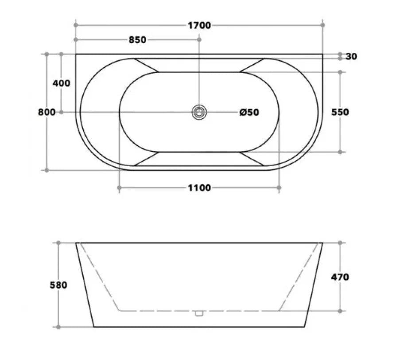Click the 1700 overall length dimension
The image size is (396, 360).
pos(199,25)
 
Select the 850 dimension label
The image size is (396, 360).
pos(137,40)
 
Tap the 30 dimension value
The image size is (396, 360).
pos(351,56)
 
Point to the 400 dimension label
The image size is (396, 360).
pos(61,83)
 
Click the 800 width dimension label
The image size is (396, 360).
pos(47,112)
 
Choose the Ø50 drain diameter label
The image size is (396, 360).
pos(249,112)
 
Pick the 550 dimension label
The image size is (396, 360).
pos(340,112)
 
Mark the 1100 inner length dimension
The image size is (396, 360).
pos(199,188)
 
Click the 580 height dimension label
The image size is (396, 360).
pos(58,285)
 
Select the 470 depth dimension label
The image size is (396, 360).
pos(340,277)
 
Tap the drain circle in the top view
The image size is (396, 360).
pos(199,112)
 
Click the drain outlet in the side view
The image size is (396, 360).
pos(199,313)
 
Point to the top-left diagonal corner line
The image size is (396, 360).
pos(146,65)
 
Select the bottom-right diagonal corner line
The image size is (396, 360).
pos(252,159)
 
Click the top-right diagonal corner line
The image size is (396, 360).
pos(252,65)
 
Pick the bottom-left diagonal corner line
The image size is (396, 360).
pos(146,159)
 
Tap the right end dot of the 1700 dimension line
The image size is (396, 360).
pos(323,25)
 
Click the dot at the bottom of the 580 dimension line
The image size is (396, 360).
pos(58,327)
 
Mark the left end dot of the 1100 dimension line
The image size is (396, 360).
pos(120,188)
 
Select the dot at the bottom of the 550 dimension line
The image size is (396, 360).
pos(340,152)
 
